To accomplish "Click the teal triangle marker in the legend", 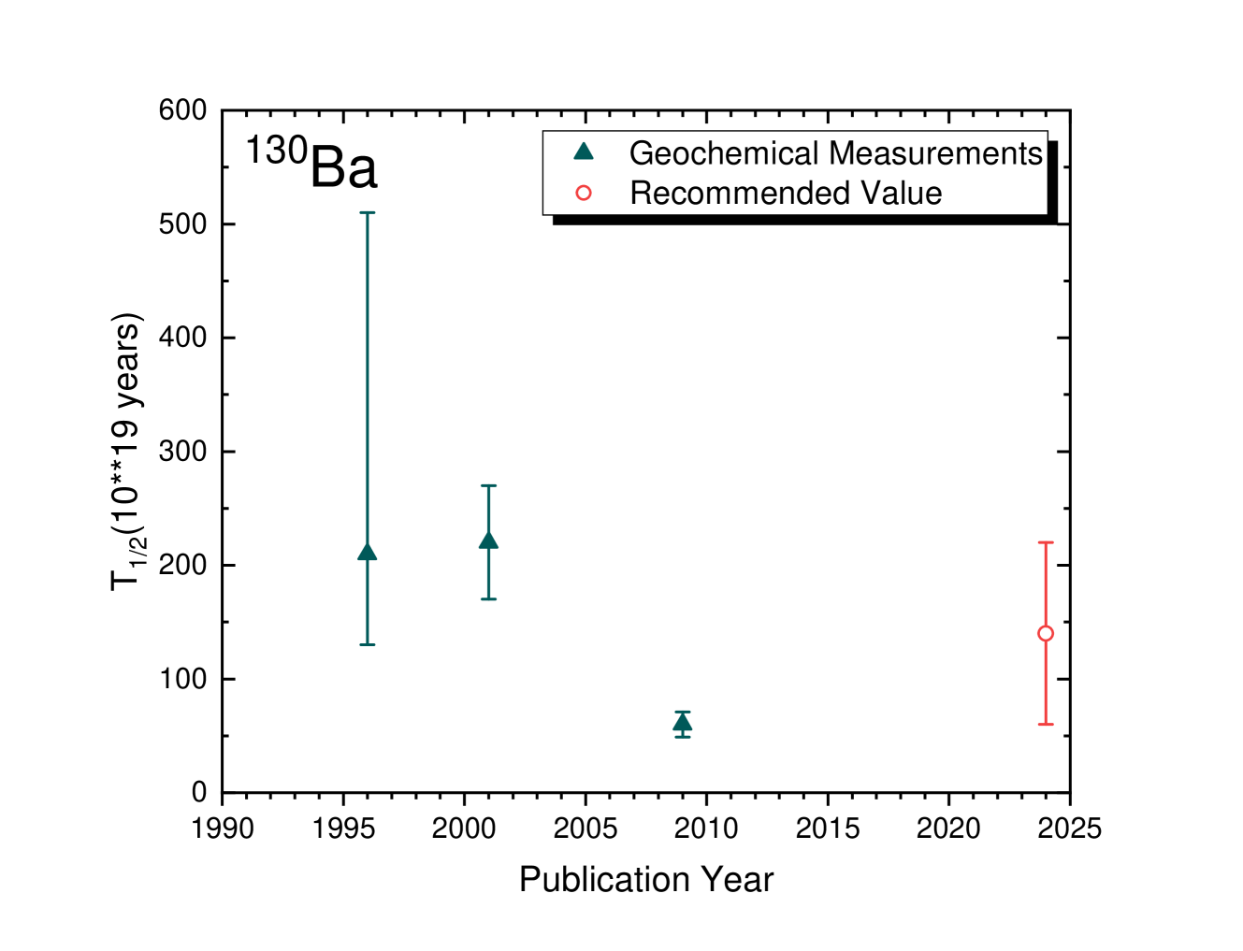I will (x=584, y=151).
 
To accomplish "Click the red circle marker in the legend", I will (x=584, y=193).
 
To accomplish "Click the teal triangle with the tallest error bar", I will (x=368, y=553).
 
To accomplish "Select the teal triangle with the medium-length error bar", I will (x=488, y=540).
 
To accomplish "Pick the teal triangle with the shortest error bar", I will (x=683, y=723).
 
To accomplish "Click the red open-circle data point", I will (x=1046, y=633).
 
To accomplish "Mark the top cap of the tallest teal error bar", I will (x=368, y=213).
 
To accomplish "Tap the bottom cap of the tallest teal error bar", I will (x=368, y=644).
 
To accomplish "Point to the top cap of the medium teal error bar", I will (x=488, y=485).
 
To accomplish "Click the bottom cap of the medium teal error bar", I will (x=488, y=598).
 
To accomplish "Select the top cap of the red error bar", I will (x=1046, y=542).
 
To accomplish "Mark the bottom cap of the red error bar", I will (x=1046, y=724).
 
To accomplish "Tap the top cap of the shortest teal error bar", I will (x=683, y=712).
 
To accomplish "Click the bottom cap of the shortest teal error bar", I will (x=683, y=737).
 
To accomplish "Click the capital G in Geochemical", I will (x=642, y=152).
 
